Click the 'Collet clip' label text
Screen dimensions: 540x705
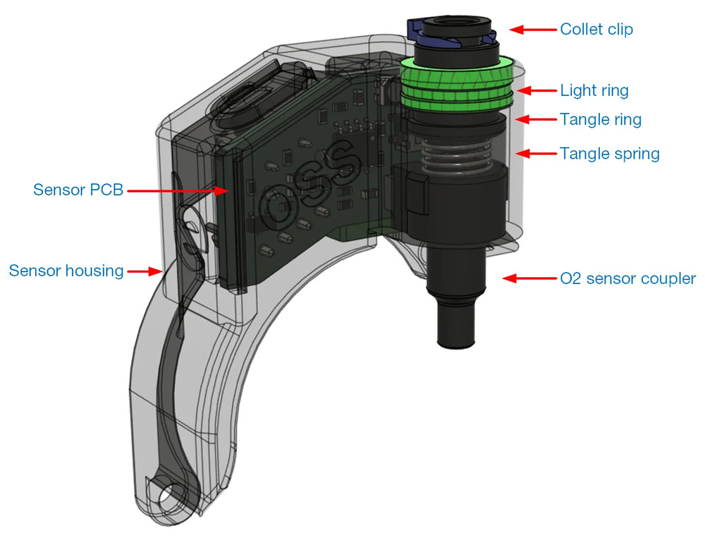pyautogui.click(x=596, y=30)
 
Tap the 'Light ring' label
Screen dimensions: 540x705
pyautogui.click(x=594, y=91)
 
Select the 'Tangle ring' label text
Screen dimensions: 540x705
pyautogui.click(x=600, y=120)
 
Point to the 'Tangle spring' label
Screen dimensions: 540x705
pyautogui.click(x=609, y=153)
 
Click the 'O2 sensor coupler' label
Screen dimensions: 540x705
pyautogui.click(x=627, y=279)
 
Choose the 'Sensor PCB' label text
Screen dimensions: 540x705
pyautogui.click(x=78, y=190)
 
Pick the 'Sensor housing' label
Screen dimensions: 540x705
pyautogui.click(x=66, y=271)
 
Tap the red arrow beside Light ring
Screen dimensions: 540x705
pyautogui.click(x=536, y=91)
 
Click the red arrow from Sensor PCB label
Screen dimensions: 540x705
pyautogui.click(x=176, y=190)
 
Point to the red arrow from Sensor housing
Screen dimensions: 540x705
pyautogui.click(x=147, y=271)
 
